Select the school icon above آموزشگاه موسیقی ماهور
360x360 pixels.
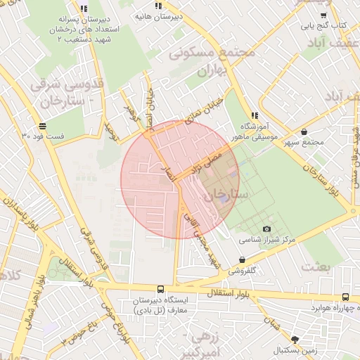255,115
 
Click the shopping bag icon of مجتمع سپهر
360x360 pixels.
304,131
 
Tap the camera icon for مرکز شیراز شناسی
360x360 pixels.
266,229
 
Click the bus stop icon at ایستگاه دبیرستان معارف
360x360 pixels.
161,289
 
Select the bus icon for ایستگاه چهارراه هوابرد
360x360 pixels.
345,297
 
